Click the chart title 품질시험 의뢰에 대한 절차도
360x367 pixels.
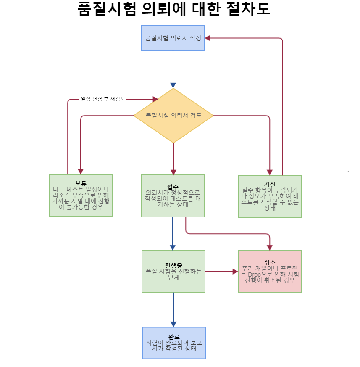tap(173, 9)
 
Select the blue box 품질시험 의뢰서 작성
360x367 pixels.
tap(173, 38)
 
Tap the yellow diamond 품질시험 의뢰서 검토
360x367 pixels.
tap(173, 115)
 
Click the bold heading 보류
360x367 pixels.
tap(81, 183)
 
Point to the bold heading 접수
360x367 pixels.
tap(173, 186)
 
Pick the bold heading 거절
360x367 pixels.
tap(270, 184)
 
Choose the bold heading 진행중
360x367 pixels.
tap(173, 265)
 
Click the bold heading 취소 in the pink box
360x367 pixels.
tap(270, 262)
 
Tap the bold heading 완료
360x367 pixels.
tap(174, 337)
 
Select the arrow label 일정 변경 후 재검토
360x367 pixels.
tap(103, 99)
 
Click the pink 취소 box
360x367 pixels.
tap(270, 277)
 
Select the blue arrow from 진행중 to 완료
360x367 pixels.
tap(173, 309)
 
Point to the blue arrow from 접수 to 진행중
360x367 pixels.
tap(173, 233)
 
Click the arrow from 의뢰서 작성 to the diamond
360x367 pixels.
tap(173, 67)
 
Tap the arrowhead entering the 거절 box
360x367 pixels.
tap(270, 172)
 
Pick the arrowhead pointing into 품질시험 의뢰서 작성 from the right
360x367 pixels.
tap(208, 38)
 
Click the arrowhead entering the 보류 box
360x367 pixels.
tap(80, 171)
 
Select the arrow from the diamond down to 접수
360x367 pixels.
tap(173, 158)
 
